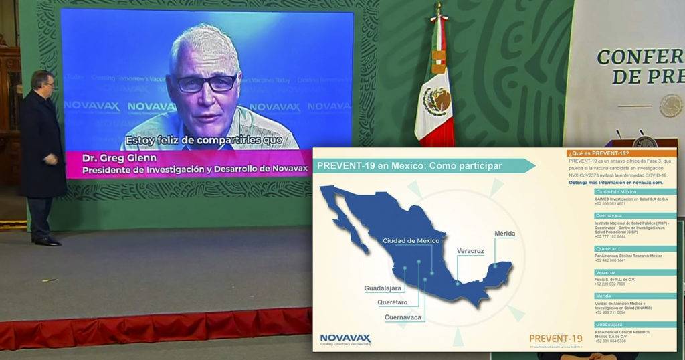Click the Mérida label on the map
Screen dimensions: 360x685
tap(504, 234)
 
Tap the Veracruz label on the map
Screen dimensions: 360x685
tap(470, 250)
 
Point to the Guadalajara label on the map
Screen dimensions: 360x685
tap(383, 288)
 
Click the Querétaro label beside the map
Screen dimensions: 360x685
tap(393, 302)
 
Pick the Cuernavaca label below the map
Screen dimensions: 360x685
tap(403, 317)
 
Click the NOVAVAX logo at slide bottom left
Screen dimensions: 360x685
tap(345, 339)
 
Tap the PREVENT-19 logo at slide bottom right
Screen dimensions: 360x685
tap(556, 339)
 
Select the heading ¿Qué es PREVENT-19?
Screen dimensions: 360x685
tap(599, 154)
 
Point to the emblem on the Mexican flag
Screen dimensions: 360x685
tap(437, 101)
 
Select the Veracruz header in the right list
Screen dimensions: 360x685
tap(607, 272)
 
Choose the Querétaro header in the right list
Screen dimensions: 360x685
tap(608, 249)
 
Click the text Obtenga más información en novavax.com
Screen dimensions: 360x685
tap(615, 182)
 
